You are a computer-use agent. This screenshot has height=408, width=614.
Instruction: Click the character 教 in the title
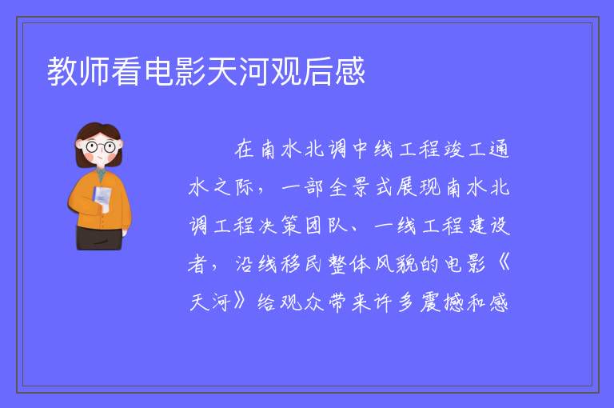62,71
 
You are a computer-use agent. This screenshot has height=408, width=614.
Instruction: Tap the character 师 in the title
94,71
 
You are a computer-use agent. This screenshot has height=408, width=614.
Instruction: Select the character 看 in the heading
126,71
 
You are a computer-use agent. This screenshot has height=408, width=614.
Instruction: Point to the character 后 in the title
318,71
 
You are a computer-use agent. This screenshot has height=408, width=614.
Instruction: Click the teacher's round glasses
100,147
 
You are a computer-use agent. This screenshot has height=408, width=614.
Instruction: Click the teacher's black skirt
99,238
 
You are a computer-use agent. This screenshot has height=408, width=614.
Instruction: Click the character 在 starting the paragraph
245,149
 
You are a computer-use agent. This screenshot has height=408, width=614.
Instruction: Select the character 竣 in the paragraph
454,149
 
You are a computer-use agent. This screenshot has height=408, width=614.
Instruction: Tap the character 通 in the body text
499,149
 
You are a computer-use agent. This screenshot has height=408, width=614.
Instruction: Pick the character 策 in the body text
290,226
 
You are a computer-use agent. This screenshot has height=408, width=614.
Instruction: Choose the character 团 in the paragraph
314,226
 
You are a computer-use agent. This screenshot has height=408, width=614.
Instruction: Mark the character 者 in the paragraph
197,263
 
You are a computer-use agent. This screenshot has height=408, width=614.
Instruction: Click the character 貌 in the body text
407,263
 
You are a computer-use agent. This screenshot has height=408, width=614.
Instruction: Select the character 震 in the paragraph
430,302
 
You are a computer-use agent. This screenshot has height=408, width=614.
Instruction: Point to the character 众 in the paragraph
314,302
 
